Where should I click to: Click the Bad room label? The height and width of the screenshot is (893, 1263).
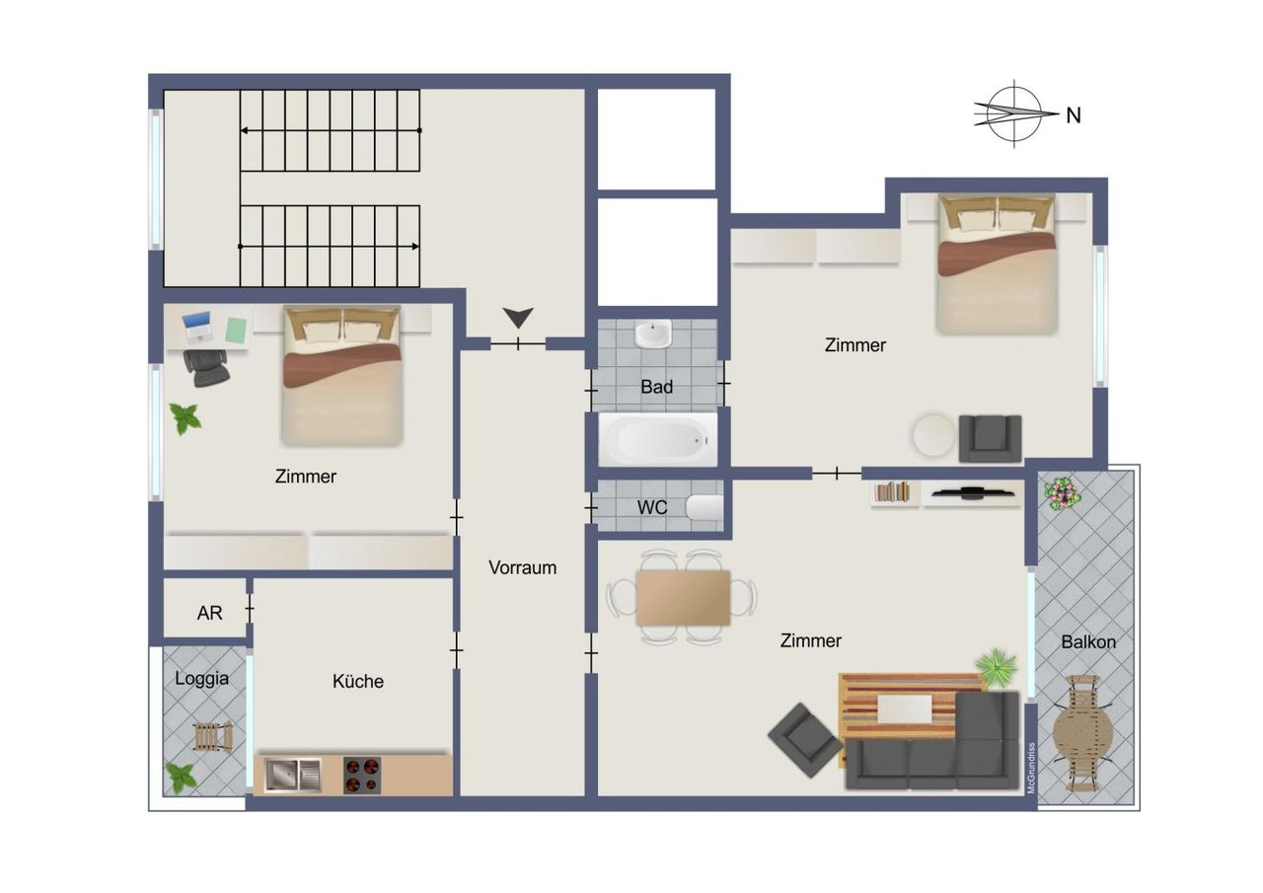pos(656,387)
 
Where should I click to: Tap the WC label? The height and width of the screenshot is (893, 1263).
pos(652,507)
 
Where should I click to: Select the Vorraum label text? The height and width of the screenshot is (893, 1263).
pos(522,567)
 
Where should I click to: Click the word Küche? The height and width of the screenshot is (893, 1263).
pos(358,681)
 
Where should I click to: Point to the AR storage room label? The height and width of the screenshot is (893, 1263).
pos(210,613)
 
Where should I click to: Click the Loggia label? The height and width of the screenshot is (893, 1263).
pos(202,678)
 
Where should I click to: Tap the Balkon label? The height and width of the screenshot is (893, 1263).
pos(1088,641)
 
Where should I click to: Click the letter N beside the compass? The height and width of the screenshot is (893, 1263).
pos(1074,115)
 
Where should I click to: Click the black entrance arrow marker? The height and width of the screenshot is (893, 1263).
pos(518,318)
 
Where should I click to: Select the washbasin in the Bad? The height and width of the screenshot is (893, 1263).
pos(653,335)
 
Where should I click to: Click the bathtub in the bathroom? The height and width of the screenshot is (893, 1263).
pos(658,440)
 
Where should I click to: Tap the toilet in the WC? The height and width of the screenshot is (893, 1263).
pos(705,507)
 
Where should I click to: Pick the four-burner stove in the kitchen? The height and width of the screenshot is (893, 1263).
pos(362,776)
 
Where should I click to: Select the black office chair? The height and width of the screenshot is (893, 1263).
pos(206,367)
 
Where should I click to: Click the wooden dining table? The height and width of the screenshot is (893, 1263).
pos(683,598)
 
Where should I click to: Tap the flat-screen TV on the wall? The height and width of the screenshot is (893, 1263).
pos(973,493)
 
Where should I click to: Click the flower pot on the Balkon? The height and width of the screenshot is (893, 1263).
pos(1063,493)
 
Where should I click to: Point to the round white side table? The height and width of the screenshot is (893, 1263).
pos(934,435)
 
